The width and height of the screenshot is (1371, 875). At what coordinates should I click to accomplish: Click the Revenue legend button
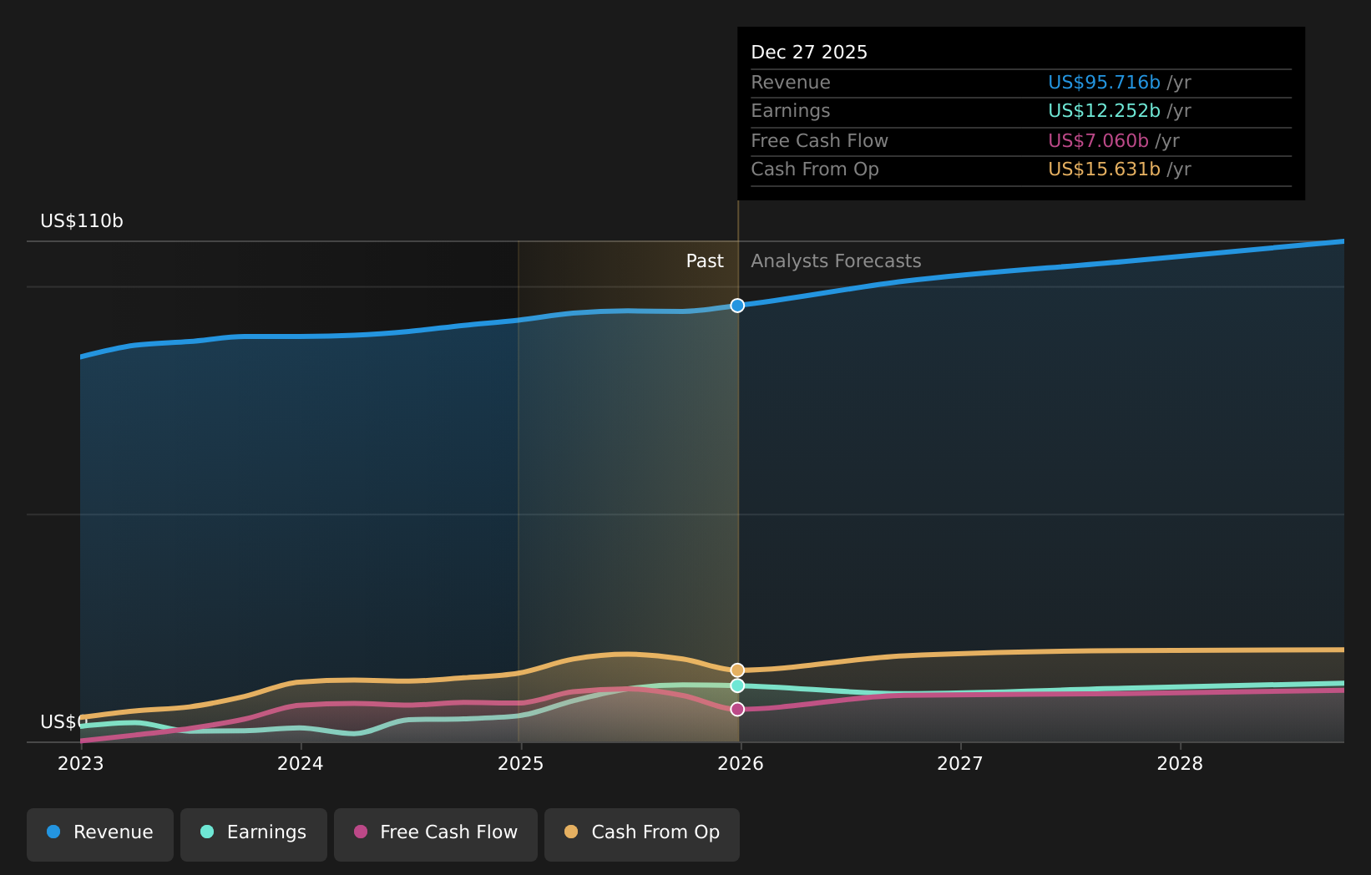coord(100,833)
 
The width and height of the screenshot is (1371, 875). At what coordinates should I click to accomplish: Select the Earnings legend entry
coord(254,833)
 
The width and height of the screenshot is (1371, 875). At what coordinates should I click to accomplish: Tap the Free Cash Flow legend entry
coord(435,833)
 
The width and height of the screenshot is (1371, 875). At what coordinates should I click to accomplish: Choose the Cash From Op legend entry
coord(641,833)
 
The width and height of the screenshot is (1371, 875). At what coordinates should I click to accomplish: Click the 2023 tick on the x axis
coord(80,764)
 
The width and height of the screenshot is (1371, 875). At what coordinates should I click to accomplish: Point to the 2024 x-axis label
coord(300,764)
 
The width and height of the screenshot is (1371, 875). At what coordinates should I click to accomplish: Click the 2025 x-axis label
coord(520,764)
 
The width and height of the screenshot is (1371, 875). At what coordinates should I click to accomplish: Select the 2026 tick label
coord(740,764)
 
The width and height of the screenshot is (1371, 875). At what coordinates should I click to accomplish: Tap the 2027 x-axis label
coord(959,764)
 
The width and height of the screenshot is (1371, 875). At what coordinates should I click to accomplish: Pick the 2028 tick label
coord(1179,764)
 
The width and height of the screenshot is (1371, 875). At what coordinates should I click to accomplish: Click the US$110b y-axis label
coord(82,221)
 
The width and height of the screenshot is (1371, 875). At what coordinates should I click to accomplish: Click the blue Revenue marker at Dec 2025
coord(737,306)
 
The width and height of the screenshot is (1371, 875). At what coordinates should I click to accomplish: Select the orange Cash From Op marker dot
coord(737,670)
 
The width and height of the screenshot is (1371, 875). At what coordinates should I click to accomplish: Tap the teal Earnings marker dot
coord(737,685)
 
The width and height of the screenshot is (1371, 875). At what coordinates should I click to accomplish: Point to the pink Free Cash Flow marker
coord(737,710)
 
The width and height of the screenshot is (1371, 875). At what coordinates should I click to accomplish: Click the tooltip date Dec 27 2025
coord(808,53)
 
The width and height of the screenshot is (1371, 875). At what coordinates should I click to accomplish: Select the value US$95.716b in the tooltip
coord(1103,83)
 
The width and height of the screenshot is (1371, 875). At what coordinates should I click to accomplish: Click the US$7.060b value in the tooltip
coord(1097,141)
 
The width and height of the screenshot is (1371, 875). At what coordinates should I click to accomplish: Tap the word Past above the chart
coord(704,261)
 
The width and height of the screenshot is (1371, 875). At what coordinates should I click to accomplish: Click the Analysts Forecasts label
coord(835,261)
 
